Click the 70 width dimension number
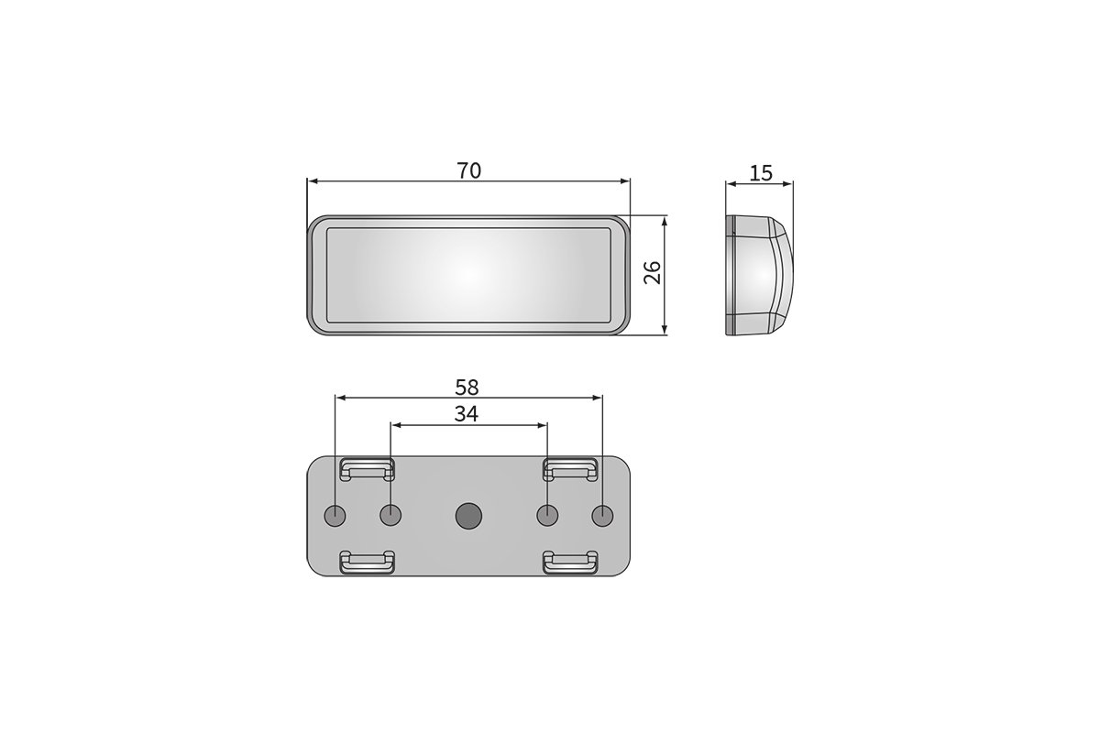click(x=469, y=170)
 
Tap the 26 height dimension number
click(x=653, y=272)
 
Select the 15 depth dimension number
click(x=761, y=173)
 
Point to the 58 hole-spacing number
click(x=467, y=388)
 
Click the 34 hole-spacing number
click(x=466, y=414)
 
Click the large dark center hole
click(x=468, y=516)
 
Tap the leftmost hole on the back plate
click(x=335, y=516)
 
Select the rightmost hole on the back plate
click(x=602, y=516)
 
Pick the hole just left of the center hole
click(x=390, y=516)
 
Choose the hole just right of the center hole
click(x=547, y=516)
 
